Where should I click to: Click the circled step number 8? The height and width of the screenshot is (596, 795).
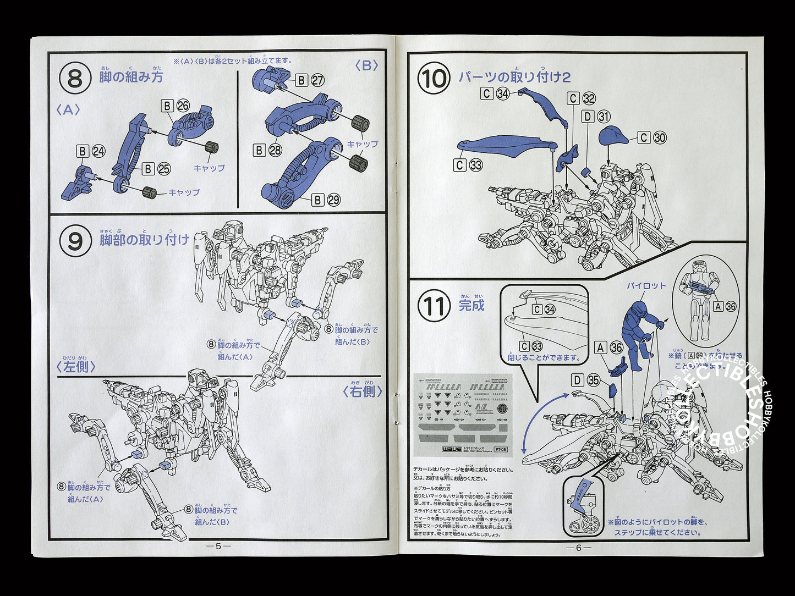click(74, 79)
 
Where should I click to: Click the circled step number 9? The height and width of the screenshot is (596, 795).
click(74, 241)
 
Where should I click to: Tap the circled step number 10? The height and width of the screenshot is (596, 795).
click(434, 79)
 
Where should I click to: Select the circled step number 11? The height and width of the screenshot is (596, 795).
click(434, 306)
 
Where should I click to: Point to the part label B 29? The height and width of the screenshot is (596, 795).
click(326, 200)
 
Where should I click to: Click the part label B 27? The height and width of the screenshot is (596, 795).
click(309, 80)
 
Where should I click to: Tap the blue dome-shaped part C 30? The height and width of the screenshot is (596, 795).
click(616, 135)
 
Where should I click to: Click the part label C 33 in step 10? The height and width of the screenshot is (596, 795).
click(468, 164)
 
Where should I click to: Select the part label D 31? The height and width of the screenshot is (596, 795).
click(595, 117)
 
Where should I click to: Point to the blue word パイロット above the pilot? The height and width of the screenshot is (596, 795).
click(646, 286)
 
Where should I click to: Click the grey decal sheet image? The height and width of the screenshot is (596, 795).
click(462, 415)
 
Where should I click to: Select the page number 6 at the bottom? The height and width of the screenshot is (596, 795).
click(578, 547)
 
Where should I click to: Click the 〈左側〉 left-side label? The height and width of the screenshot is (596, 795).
click(76, 367)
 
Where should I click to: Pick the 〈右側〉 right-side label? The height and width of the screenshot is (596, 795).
click(362, 391)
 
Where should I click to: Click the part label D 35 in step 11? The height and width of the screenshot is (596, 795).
click(584, 380)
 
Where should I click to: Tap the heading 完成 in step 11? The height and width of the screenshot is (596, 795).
click(471, 306)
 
